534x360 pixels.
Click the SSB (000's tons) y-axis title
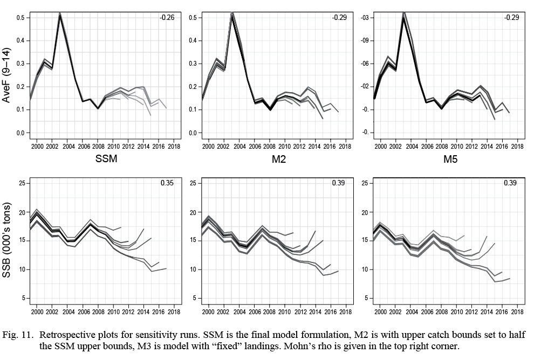click(x=9, y=241)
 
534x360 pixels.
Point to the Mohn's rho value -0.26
click(x=166, y=18)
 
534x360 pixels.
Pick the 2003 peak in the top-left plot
click(x=60, y=14)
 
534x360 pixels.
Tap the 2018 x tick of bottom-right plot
click(x=517, y=311)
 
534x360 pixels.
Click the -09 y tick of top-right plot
click(x=364, y=40)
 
